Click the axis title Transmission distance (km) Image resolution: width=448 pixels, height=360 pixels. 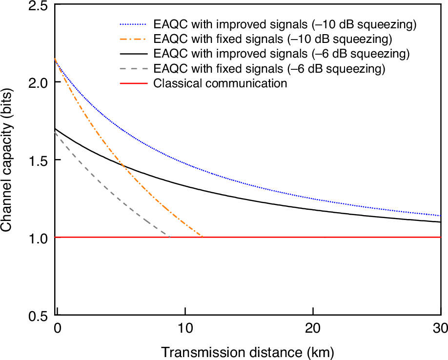click(x=248, y=352)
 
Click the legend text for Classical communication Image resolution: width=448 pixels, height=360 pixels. click(x=220, y=83)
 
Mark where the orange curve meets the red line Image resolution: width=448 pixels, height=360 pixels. click(x=202, y=237)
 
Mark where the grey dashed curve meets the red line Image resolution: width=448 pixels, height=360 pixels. click(x=169, y=237)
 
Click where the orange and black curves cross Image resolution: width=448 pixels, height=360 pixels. click(x=123, y=166)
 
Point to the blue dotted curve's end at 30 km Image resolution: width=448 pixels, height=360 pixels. click(x=441, y=216)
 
